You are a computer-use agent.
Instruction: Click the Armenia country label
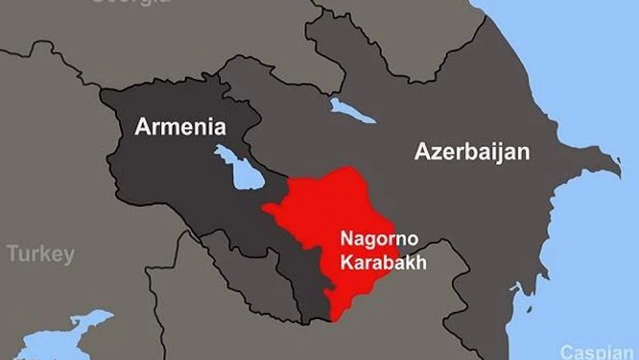click(179, 127)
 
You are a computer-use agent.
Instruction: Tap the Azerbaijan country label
click(472, 152)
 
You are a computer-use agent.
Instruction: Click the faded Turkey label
click(41, 254)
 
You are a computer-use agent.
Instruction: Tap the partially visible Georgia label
click(132, 2)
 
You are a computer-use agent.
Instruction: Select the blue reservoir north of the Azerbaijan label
click(352, 111)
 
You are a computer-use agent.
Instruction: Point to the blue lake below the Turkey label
click(58, 337)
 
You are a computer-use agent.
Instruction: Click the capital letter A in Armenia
click(142, 127)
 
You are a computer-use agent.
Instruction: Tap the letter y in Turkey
click(70, 256)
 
